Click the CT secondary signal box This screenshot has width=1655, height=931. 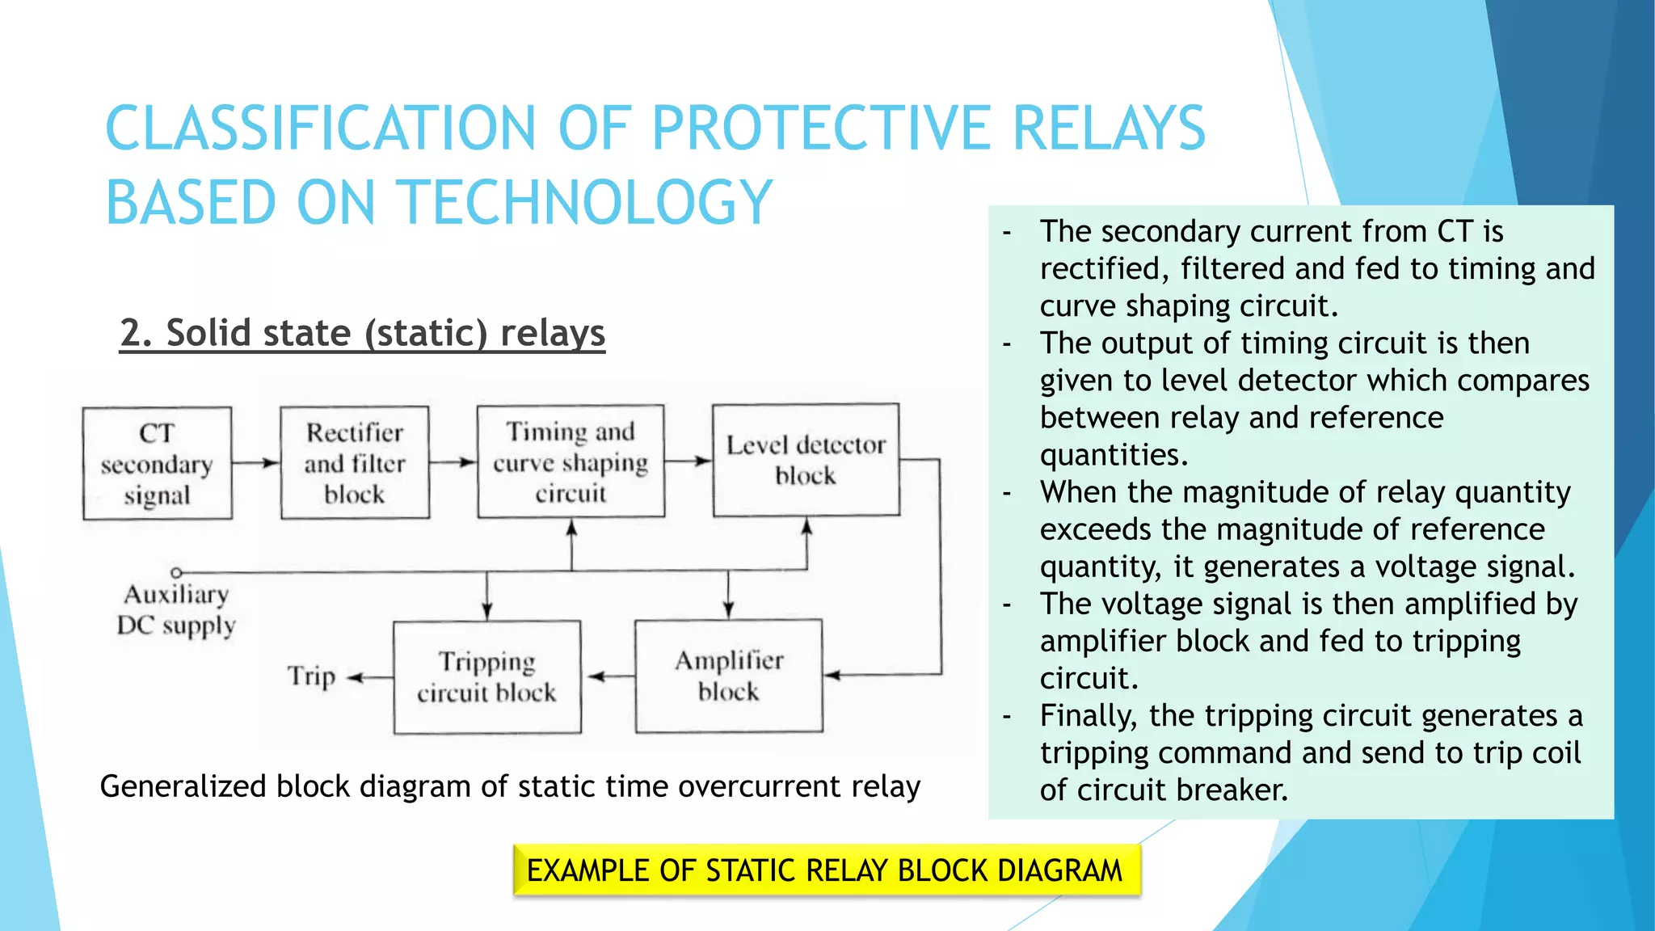coord(157,464)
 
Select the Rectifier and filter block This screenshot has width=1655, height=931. coord(355,462)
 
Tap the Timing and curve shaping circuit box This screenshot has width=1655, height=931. coord(571,461)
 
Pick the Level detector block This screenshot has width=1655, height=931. coord(806,460)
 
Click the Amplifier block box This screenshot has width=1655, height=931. coord(728,676)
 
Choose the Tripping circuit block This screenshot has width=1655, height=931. coord(486,677)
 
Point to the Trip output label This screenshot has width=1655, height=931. coord(311,676)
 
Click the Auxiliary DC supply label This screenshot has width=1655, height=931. coord(176,610)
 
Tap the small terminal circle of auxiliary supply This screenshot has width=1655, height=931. coord(176,572)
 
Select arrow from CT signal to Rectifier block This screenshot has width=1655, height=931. coord(256,463)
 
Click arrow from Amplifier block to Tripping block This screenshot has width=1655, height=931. coord(609,676)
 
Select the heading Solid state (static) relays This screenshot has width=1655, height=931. coord(362,333)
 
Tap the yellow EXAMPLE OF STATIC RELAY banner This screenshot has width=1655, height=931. coord(825,870)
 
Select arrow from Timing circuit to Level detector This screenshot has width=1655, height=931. coord(689,461)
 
